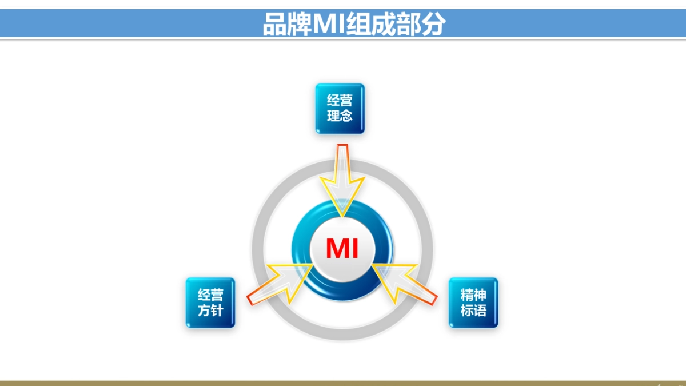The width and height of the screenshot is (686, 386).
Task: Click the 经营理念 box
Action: (x=340, y=109)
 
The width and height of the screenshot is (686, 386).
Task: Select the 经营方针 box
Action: (x=210, y=303)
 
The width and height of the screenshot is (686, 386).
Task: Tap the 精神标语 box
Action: (x=473, y=303)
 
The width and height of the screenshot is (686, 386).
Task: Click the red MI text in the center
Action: (x=342, y=249)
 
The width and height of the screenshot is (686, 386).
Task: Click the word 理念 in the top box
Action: (x=340, y=116)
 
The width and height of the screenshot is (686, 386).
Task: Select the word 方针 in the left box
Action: (x=210, y=311)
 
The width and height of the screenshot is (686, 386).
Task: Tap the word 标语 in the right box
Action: (x=473, y=311)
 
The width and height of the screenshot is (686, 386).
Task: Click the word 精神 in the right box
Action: (x=473, y=295)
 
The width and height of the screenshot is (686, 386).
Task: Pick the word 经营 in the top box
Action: (x=340, y=101)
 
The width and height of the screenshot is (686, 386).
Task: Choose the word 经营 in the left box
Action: (x=210, y=295)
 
